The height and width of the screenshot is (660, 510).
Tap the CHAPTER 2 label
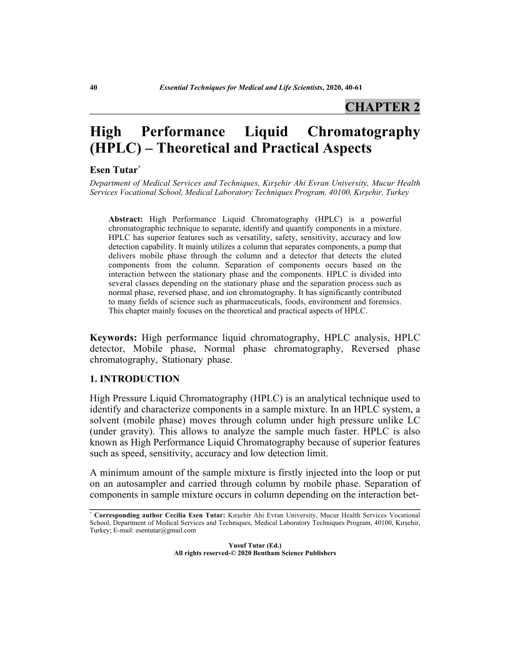(382, 107)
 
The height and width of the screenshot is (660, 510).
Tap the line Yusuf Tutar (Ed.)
(254, 545)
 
